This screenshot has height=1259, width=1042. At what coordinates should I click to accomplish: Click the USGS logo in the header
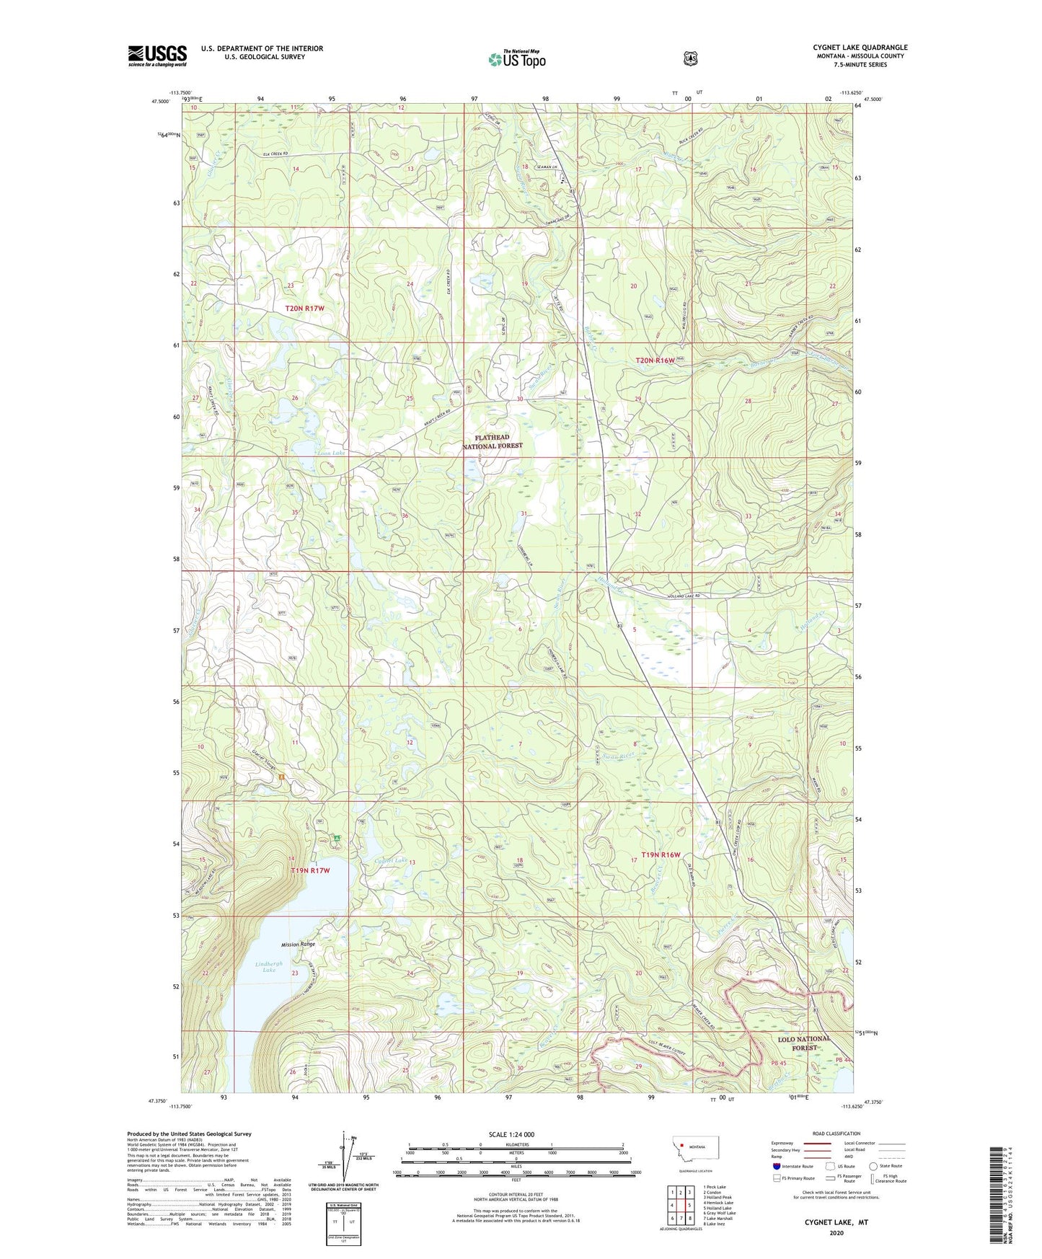157,56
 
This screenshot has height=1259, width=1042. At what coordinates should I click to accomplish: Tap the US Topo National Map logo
516,59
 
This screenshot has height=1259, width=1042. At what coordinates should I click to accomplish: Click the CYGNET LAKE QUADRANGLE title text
860,48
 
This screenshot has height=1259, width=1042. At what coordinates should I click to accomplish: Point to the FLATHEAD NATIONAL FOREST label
493,441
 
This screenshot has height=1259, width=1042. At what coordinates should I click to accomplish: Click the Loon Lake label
331,453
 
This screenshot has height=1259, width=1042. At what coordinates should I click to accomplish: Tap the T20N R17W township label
304,308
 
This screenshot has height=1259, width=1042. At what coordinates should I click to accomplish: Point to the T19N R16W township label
655,854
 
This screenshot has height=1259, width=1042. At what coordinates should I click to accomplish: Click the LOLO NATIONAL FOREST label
805,1043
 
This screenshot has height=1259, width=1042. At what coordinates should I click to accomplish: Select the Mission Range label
298,944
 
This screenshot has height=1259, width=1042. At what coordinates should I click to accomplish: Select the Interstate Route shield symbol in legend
776,1165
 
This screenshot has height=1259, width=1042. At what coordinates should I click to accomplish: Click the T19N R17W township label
309,870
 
